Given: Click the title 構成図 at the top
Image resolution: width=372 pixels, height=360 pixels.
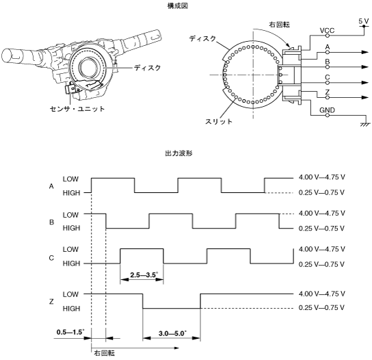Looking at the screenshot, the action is (x=178, y=6).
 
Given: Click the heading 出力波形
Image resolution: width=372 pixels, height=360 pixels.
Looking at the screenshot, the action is (x=178, y=153).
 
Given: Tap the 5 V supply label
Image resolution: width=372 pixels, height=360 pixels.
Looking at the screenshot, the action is (x=364, y=21).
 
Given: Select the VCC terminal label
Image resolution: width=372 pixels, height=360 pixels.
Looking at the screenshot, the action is (x=327, y=30).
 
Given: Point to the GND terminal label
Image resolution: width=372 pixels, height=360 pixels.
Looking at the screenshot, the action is (x=327, y=110).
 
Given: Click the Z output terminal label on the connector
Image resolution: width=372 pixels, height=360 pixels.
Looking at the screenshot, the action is (x=328, y=92).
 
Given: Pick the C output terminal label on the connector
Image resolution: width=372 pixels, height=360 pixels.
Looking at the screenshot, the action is (x=328, y=77).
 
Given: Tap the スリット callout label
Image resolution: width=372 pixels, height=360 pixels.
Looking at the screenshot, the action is (x=219, y=121).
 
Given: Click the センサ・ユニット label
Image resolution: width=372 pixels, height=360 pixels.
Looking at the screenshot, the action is (x=77, y=109).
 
